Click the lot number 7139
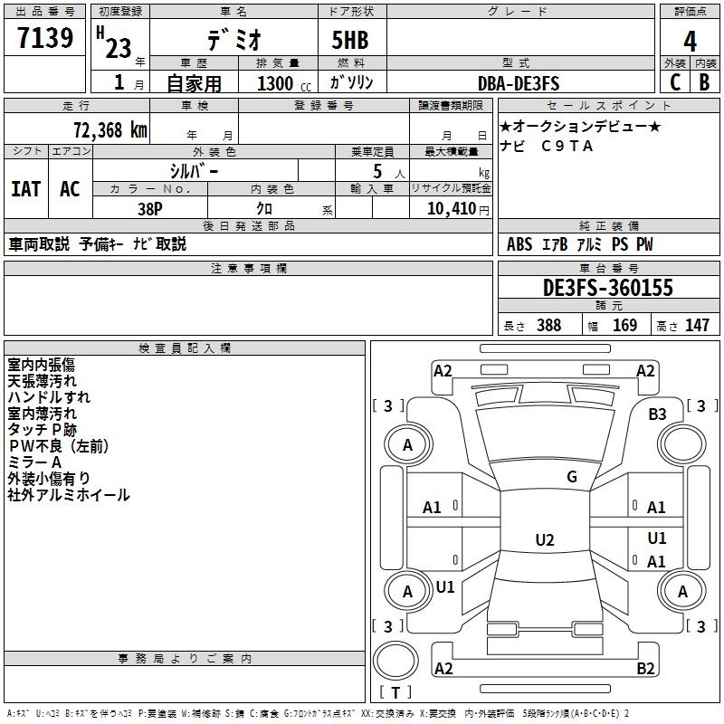[45, 38]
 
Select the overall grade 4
[690, 42]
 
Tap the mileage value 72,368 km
[110, 130]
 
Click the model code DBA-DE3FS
[519, 83]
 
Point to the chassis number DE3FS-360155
[608, 288]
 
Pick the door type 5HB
[350, 40]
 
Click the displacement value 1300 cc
[284, 83]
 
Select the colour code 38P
[150, 209]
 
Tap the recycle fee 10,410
[451, 209]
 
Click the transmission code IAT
[26, 189]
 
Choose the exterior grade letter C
[675, 82]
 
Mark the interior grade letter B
[704, 82]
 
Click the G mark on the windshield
[572, 476]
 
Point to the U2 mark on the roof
[545, 539]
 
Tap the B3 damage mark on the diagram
[657, 414]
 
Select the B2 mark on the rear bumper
[645, 668]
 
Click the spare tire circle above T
[395, 661]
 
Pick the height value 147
[697, 325]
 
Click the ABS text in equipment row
[519, 244]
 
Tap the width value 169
[624, 325]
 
